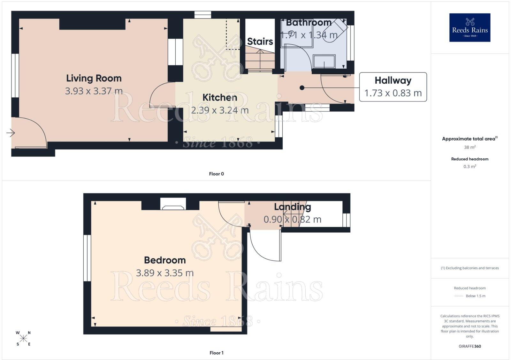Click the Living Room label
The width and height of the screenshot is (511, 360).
[94, 78]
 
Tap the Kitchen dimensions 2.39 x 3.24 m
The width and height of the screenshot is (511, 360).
[220, 110]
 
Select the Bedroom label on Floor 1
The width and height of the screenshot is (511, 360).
[165, 260]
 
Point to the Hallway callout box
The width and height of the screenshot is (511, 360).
[393, 87]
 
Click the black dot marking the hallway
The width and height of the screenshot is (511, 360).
[302, 87]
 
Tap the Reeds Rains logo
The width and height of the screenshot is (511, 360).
[470, 27]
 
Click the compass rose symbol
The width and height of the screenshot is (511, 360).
[23, 338]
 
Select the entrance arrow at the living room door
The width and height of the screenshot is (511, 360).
[11, 133]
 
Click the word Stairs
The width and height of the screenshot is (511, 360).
[260, 41]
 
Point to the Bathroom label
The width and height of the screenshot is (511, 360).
[309, 23]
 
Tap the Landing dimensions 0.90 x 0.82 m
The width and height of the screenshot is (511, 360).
[293, 220]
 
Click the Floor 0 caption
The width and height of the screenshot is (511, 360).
[216, 174]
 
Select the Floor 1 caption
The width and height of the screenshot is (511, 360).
[216, 353]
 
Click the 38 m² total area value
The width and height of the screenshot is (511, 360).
[470, 147]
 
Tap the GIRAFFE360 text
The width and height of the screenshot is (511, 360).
[470, 346]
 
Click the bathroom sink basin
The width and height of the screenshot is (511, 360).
[324, 61]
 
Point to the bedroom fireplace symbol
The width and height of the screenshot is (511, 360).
[173, 204]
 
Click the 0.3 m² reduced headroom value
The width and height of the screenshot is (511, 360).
[470, 166]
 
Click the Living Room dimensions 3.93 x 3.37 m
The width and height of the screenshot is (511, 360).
[94, 91]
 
